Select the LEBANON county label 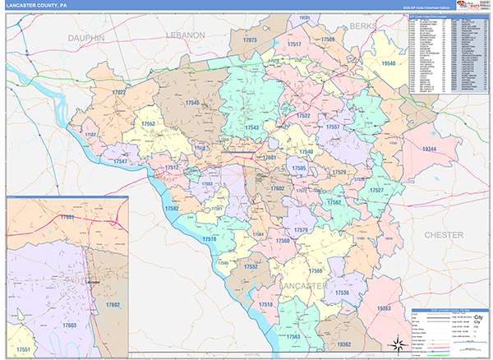(x=183, y=36)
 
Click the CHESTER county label (x=444, y=235)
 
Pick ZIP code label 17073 (x=250, y=40)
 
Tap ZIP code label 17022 (x=117, y=93)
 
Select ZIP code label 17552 (x=150, y=123)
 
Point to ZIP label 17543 (x=251, y=127)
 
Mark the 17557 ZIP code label (x=333, y=127)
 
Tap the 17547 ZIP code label (x=121, y=162)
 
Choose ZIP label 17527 (x=376, y=190)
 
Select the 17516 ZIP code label (x=209, y=238)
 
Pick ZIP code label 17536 (x=341, y=293)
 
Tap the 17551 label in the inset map (x=25, y=350)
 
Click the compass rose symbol (x=395, y=341)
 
